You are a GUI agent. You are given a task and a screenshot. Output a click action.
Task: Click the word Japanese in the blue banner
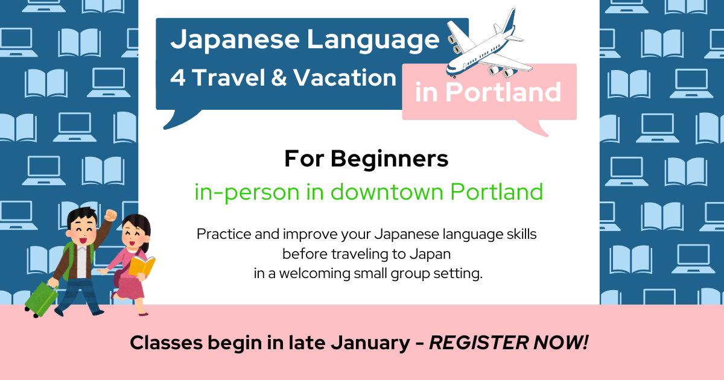pos(235,40)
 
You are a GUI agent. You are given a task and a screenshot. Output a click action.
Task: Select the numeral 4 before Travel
pos(178,78)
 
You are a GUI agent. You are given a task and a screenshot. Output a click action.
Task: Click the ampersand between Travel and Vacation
pos(279,78)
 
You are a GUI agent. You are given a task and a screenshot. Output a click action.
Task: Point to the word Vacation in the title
pos(345,78)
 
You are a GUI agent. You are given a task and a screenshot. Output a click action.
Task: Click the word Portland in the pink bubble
pos(503,92)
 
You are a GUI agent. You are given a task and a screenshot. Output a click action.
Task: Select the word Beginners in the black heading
pos(390,159)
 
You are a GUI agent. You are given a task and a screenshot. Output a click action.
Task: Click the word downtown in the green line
pos(387,192)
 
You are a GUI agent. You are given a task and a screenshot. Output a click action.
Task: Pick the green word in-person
pos(247,193)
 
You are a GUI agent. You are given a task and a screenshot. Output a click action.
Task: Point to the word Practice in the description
pos(224,234)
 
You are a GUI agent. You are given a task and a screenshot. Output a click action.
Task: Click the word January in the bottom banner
pos(370,343)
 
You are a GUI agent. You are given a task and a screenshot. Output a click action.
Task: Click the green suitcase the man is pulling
pos(41,300)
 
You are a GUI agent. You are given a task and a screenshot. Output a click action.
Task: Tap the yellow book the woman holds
pos(142,265)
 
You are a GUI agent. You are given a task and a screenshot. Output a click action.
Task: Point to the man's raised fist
pos(110,215)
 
